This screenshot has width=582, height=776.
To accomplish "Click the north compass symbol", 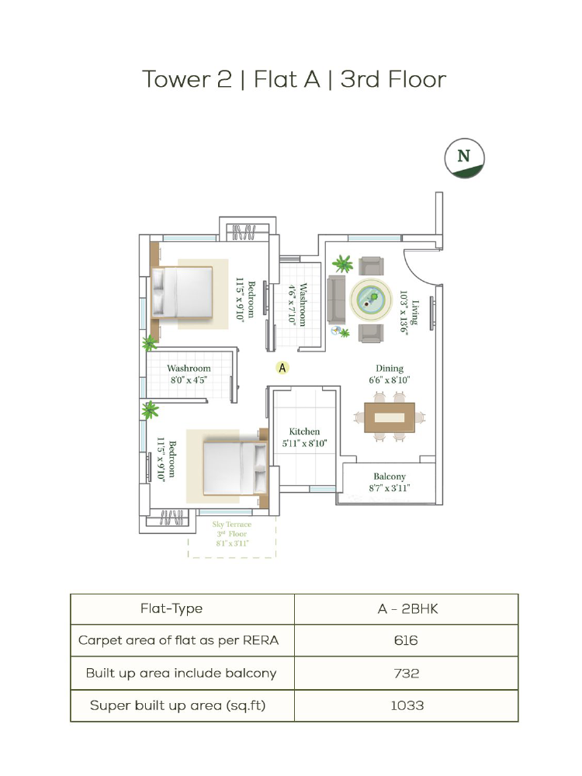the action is coord(464,158).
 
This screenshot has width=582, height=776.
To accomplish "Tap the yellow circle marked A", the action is coord(282,368).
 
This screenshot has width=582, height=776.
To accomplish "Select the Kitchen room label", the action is coord(304,431).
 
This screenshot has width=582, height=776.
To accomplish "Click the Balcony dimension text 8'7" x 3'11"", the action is coord(390,488).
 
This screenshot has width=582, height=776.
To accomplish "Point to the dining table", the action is coord(390,417).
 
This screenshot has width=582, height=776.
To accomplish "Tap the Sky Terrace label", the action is coord(232,524).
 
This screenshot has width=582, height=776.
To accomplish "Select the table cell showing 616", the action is coord(406,640).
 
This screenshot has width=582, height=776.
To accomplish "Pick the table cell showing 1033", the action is coord(407,705).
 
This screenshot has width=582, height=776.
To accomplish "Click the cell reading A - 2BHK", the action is coord(407,608).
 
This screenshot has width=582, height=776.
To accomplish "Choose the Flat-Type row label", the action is coord(171,608).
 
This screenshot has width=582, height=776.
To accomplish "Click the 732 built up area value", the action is coord(407,673).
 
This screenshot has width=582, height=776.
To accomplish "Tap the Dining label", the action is coord(390,368).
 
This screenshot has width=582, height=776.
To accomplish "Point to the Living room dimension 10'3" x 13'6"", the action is coord(404,313).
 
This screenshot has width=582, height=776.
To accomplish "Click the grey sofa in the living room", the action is coord(336,300).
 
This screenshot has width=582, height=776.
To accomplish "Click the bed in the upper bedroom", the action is coord(182,292).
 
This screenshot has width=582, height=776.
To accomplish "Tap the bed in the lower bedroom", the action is coord(236,468).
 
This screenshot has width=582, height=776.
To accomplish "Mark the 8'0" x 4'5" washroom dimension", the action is coord(189,380).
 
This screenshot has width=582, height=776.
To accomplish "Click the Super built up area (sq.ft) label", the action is coord(178,705).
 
